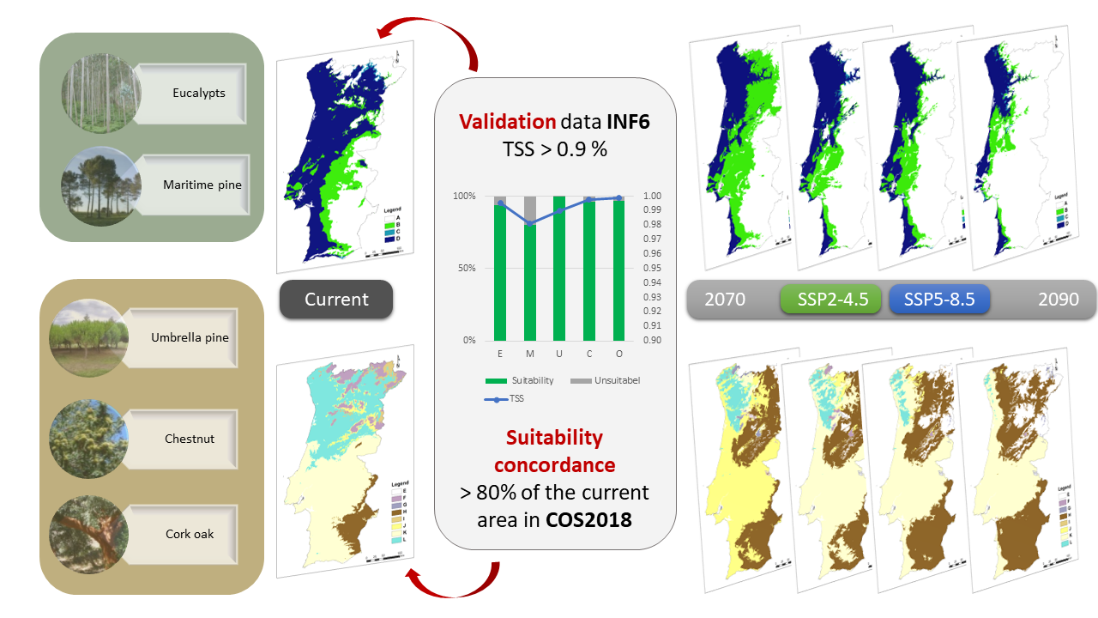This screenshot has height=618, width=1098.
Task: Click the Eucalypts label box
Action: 198,93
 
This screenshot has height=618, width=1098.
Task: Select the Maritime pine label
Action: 202,185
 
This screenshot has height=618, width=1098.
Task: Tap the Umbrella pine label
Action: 190,337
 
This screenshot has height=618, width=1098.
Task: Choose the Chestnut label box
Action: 190,439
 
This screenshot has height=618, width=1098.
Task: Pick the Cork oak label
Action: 190,534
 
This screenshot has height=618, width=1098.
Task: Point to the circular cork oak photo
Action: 87,532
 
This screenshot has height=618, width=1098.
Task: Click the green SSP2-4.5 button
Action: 830,300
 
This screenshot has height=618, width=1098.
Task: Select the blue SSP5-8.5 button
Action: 938,300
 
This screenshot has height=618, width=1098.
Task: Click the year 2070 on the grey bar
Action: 725,300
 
